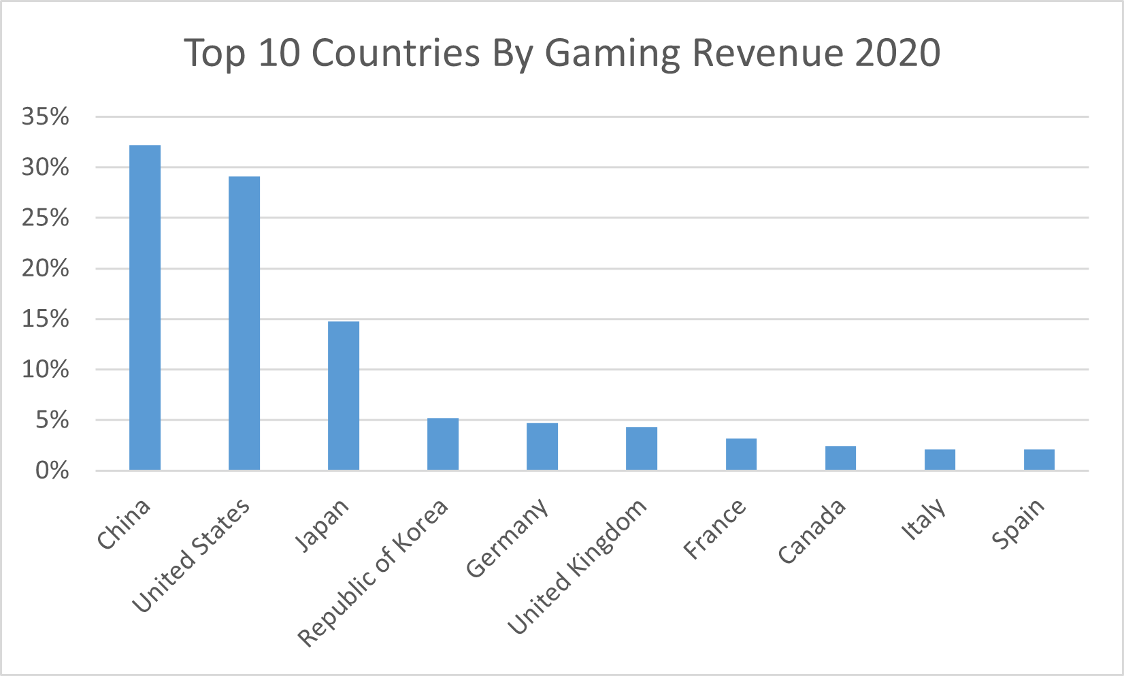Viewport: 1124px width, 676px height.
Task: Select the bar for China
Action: pyautogui.click(x=145, y=307)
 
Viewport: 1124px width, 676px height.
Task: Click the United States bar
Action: pyautogui.click(x=244, y=323)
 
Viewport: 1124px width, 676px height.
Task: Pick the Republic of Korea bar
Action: pyautogui.click(x=443, y=444)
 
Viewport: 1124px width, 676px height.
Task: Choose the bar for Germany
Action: pyautogui.click(x=542, y=447)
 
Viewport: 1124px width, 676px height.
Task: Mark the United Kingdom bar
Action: pyautogui.click(x=642, y=449)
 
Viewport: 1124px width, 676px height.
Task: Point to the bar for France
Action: pyautogui.click(x=741, y=454)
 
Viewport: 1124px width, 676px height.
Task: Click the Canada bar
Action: pyautogui.click(x=840, y=458)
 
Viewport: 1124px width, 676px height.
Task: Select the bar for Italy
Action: pyautogui.click(x=940, y=460)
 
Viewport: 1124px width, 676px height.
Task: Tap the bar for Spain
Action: pyautogui.click(x=1039, y=460)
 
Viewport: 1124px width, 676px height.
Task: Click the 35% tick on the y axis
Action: pyautogui.click(x=46, y=117)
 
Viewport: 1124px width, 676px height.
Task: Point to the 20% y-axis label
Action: pyautogui.click(x=46, y=269)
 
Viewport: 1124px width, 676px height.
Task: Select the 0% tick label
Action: pyautogui.click(x=52, y=470)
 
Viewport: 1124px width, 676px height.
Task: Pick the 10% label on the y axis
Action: pyautogui.click(x=46, y=370)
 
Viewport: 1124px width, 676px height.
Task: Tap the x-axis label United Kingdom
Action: pyautogui.click(x=578, y=566)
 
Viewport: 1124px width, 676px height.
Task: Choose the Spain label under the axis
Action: pyautogui.click(x=1018, y=524)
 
